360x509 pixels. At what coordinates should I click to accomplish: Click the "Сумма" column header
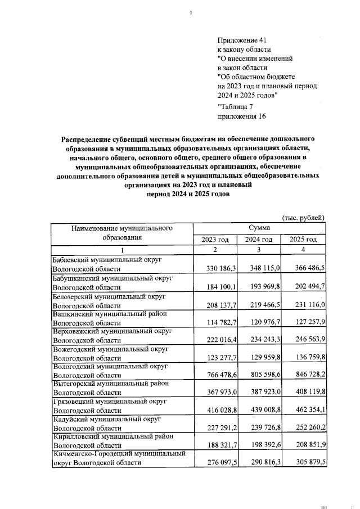click(x=259, y=228)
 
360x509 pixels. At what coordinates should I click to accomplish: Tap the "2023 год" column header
click(x=215, y=240)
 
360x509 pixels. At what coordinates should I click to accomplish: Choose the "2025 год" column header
click(x=303, y=240)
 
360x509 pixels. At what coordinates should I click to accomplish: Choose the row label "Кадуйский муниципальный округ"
click(x=107, y=420)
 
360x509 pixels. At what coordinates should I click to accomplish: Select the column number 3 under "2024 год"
click(x=259, y=250)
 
